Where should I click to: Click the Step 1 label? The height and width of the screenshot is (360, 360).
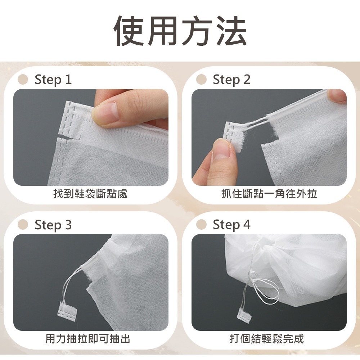[53, 80]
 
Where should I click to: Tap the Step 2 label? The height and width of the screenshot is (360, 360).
[231, 80]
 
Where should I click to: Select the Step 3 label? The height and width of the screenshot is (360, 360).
[53, 225]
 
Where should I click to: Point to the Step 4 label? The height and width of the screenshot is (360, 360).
[231, 225]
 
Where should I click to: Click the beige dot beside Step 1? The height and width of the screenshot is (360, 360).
[23, 79]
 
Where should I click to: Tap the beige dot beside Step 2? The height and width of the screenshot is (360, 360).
[202, 79]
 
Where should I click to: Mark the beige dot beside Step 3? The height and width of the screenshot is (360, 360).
[23, 225]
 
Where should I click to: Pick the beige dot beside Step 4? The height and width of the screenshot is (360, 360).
[202, 225]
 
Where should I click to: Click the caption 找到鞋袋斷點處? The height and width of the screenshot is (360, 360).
[90, 194]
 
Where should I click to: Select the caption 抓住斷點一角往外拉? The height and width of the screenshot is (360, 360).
[269, 194]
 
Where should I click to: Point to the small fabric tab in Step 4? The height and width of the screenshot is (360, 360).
[244, 313]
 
